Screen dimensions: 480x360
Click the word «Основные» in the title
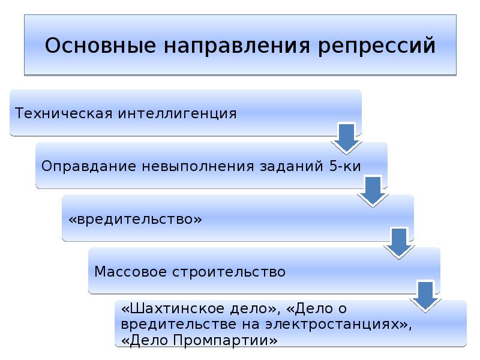point(100,45)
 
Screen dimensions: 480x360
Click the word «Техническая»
point(64,113)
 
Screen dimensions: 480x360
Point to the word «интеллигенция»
point(177,114)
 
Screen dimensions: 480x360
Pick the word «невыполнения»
point(198,166)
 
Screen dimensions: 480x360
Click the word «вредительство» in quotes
point(136,220)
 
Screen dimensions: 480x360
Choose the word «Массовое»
point(131,272)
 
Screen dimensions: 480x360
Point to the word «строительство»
point(229,272)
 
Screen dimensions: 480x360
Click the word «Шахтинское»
point(177,308)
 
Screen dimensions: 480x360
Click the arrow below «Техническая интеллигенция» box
point(347,137)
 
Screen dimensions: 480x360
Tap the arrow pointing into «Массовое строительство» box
point(399,243)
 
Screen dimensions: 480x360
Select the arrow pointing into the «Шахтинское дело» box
point(426,296)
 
